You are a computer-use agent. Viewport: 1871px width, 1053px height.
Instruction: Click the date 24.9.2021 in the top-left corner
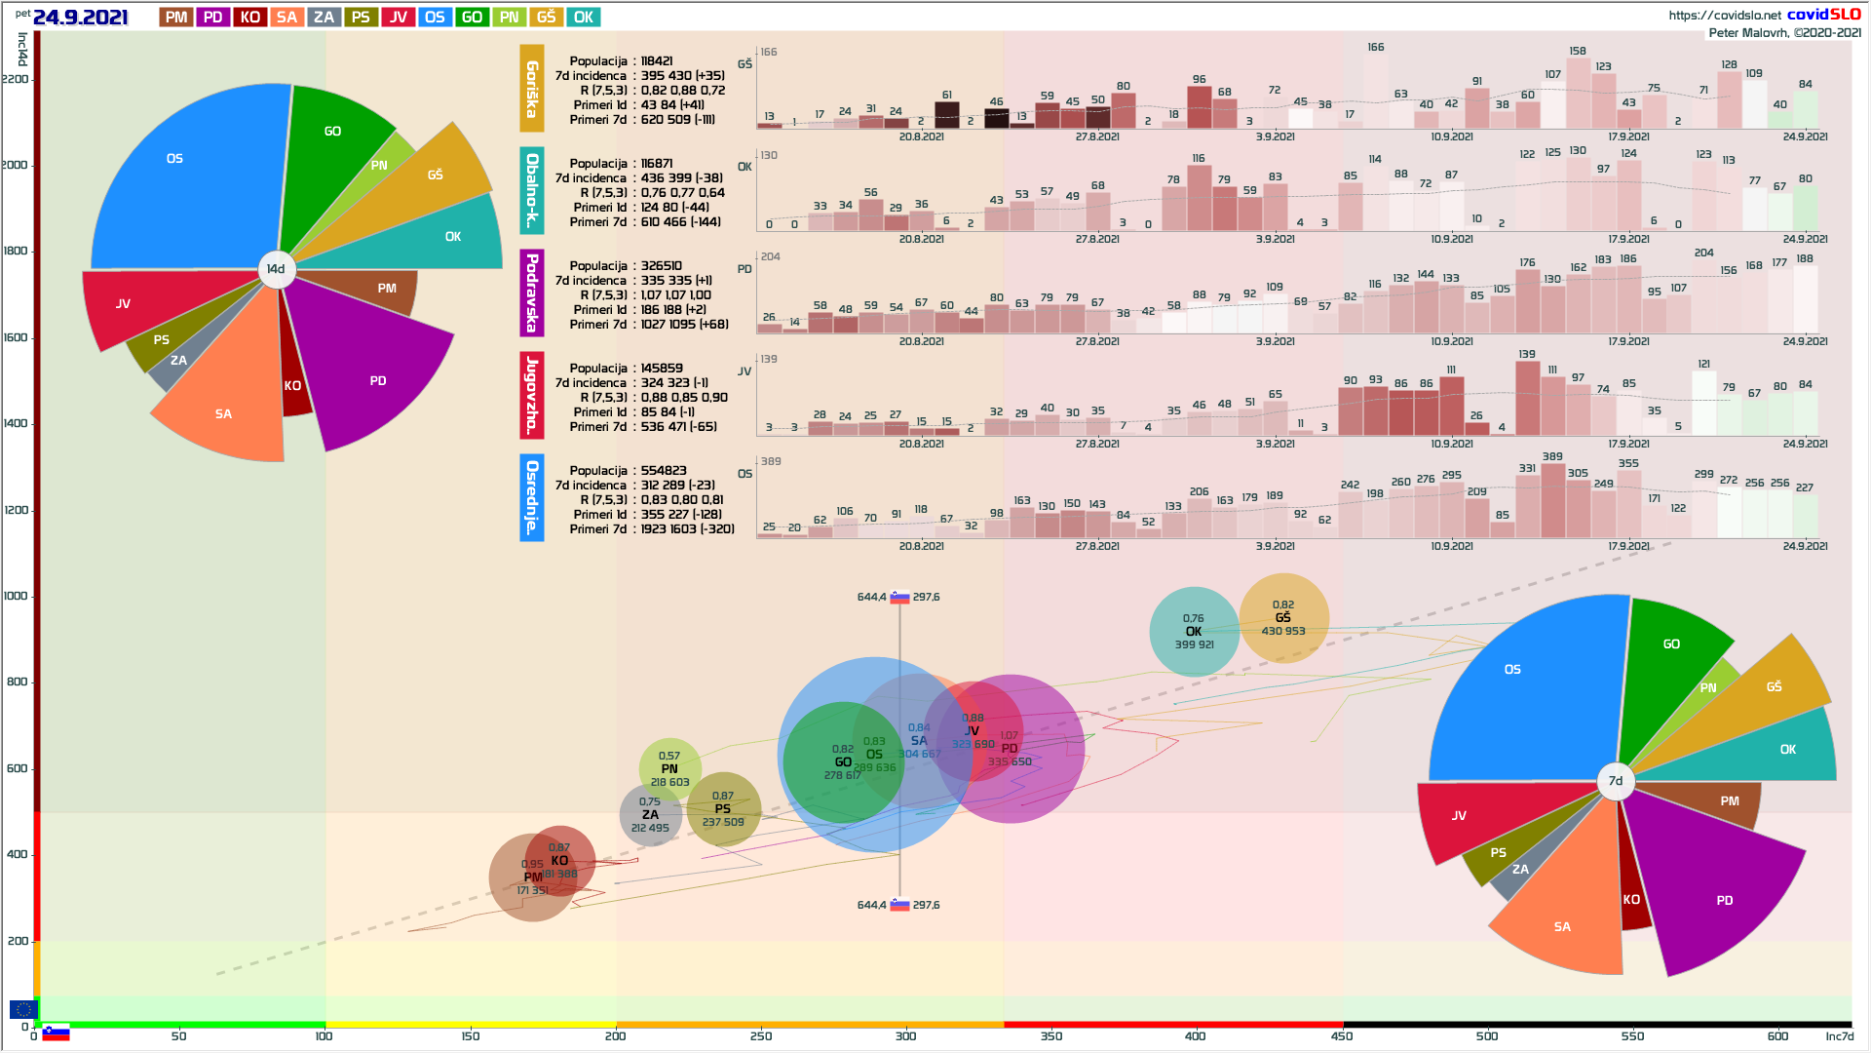[80, 18]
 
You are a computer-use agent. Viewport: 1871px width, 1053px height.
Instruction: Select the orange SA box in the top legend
[286, 18]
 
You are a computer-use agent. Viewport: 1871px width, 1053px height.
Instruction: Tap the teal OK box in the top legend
[584, 18]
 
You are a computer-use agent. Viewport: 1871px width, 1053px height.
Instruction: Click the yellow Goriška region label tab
[532, 89]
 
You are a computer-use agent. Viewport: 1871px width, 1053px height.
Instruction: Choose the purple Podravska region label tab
[532, 292]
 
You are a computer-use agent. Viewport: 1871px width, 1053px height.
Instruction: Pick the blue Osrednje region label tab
[532, 497]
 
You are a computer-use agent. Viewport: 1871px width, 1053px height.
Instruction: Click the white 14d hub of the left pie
[276, 269]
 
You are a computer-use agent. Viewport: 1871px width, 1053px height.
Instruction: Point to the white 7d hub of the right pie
[1616, 781]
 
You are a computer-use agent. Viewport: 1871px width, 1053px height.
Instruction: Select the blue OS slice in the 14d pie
[185, 185]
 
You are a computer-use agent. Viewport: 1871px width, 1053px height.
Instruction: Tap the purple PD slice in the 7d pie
[1715, 887]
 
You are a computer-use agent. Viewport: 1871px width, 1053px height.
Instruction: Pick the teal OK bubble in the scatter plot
[1194, 632]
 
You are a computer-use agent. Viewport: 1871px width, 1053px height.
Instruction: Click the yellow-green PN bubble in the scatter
[669, 768]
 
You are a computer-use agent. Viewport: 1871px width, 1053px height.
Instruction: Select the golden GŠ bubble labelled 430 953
[1283, 617]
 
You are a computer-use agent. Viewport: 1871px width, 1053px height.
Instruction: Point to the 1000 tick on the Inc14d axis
[16, 596]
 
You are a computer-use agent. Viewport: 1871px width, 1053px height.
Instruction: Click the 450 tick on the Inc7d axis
[1342, 1036]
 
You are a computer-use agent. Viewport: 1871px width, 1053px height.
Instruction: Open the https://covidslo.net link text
[1724, 15]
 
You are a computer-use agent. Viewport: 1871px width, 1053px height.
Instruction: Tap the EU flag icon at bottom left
[23, 1009]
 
